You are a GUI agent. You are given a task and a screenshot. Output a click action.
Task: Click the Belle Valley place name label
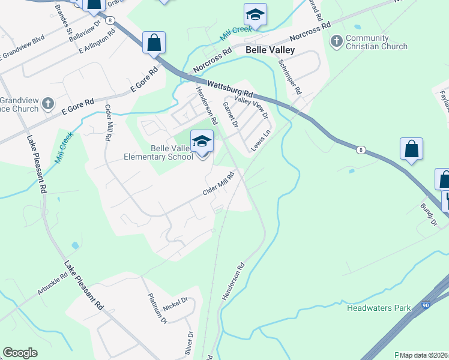[270, 50]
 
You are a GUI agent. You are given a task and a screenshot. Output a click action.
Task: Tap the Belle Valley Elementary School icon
[202, 142]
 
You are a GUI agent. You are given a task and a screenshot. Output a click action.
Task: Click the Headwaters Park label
[379, 308]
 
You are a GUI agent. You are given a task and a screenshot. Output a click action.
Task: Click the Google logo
[20, 353]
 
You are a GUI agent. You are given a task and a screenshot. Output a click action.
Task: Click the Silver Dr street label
[190, 342]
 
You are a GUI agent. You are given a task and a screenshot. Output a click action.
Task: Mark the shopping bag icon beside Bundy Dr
[411, 149]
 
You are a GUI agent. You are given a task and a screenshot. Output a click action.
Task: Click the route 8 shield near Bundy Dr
[360, 149]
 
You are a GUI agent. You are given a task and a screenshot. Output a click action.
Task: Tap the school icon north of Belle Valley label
[255, 14]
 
